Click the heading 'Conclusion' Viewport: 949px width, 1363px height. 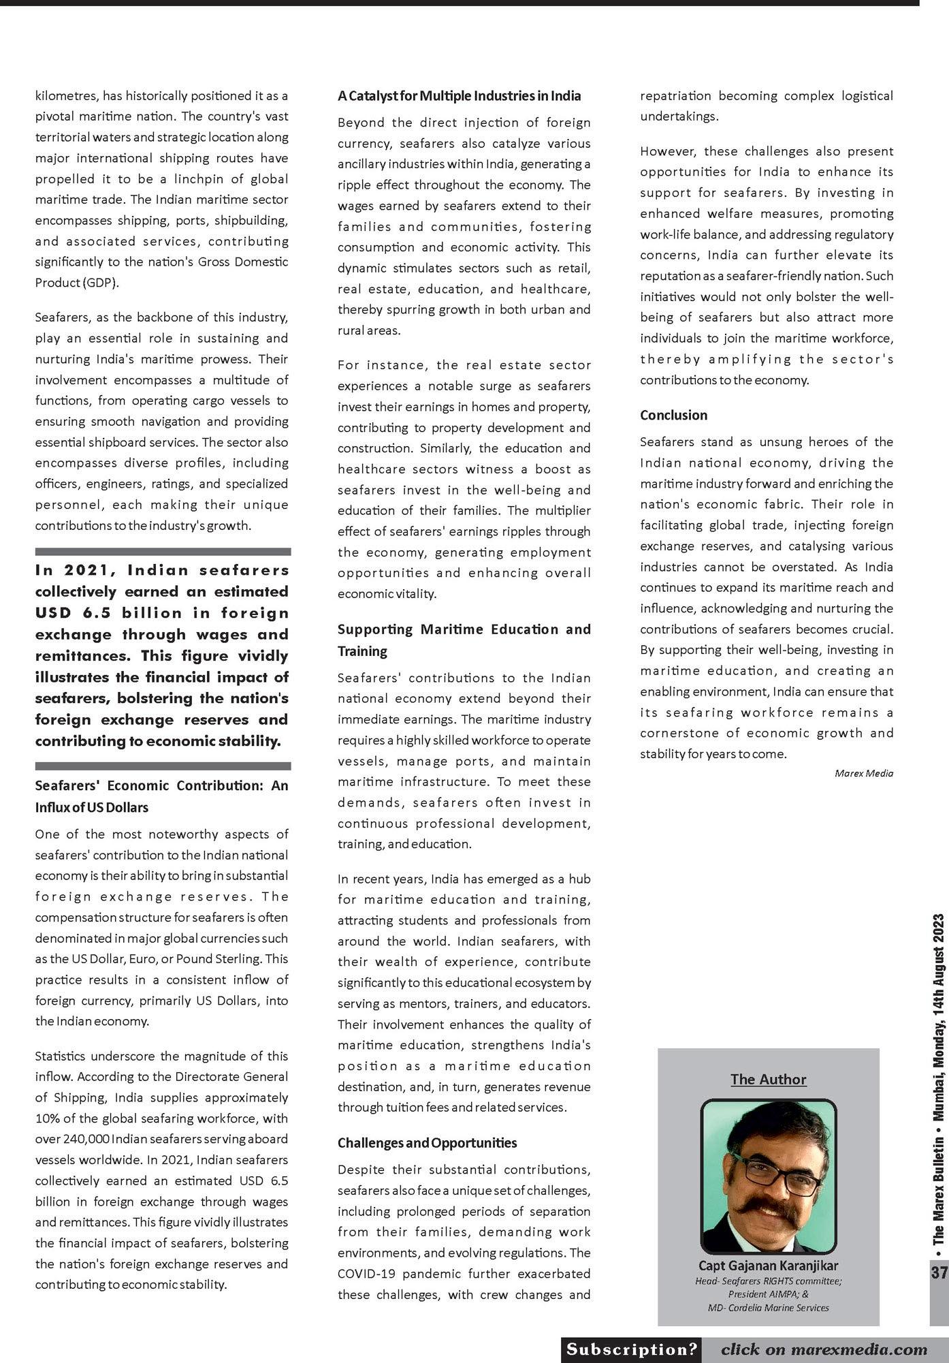tap(673, 415)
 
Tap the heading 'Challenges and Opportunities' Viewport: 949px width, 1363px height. tap(427, 1142)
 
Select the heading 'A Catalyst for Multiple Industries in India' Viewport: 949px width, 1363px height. tap(459, 95)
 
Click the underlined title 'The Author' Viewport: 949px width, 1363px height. tap(768, 1079)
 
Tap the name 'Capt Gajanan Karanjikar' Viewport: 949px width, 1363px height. tap(768, 1265)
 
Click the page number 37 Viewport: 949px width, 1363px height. tap(939, 1272)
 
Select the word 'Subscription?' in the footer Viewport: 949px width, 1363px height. tap(632, 1349)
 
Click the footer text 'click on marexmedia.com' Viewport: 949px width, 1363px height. tap(824, 1349)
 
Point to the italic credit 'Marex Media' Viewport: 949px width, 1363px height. tap(863, 773)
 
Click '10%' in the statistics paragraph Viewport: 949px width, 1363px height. tap(47, 1118)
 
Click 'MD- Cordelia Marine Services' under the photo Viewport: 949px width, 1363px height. tap(768, 1307)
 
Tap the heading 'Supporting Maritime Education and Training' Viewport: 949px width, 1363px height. tap(464, 640)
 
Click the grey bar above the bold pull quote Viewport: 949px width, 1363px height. tap(163, 552)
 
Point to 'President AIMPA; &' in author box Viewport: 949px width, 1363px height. tap(768, 1294)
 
